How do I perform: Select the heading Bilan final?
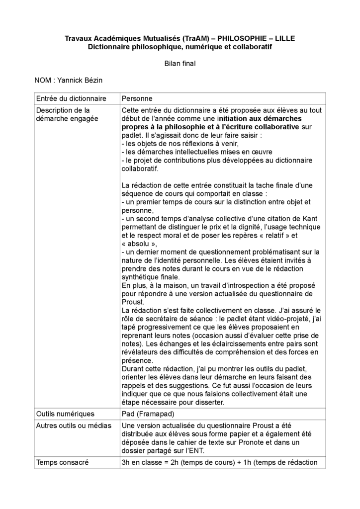click(x=180, y=63)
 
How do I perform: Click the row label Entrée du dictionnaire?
click(x=68, y=98)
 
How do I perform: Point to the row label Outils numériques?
click(x=65, y=414)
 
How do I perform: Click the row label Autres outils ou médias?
click(x=74, y=425)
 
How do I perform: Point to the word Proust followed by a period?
click(x=132, y=302)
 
